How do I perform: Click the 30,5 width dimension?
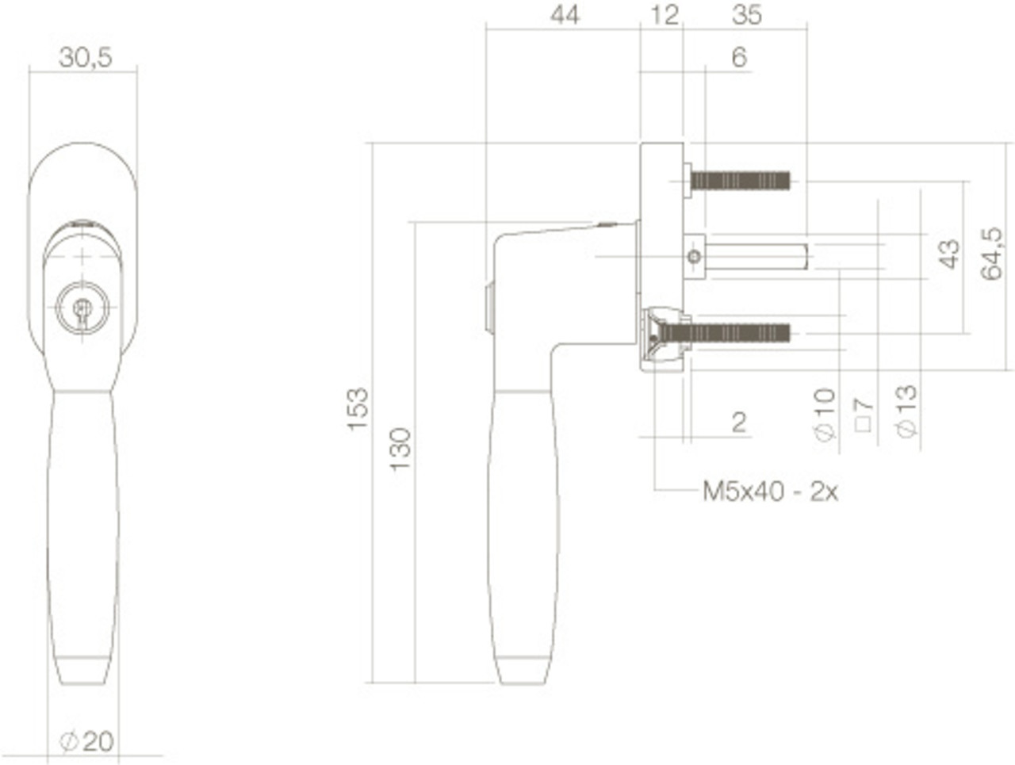(86, 57)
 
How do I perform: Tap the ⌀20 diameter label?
(87, 742)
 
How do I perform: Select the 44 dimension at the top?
(565, 15)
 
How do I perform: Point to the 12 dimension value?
(665, 15)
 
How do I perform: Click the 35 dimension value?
(746, 15)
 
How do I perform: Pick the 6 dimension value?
(739, 58)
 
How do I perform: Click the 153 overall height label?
(358, 408)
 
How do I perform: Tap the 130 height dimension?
(400, 449)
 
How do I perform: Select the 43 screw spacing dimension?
(948, 254)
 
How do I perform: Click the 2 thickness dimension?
(739, 423)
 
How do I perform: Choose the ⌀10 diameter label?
(825, 414)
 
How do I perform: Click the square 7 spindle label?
(864, 414)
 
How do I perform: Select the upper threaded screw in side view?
(740, 182)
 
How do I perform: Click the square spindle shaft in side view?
(757, 256)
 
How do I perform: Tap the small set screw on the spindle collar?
(695, 256)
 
